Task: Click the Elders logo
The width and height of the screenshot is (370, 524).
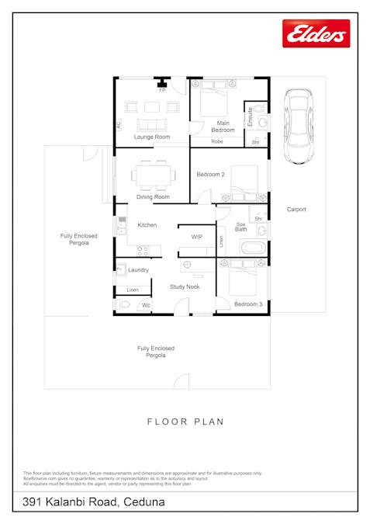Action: point(316,33)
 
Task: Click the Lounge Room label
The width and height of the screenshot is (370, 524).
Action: point(151,137)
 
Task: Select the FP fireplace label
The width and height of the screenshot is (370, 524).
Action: point(162,91)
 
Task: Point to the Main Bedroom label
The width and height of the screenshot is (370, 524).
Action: point(223,127)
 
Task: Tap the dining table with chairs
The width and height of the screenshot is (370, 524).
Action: point(150,175)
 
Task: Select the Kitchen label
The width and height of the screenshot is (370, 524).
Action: point(147,225)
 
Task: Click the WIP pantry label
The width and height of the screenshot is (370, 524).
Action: point(197,237)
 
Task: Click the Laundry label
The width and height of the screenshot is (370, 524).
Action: point(138,270)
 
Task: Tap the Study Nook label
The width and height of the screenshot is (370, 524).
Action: point(185,287)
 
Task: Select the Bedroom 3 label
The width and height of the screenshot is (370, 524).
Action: point(247,304)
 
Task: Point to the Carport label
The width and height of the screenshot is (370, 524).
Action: point(296,210)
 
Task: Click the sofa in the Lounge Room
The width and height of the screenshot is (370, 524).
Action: point(151,124)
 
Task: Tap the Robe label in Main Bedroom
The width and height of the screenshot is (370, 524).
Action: point(217,142)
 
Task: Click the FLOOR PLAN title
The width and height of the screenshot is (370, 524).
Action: point(185,422)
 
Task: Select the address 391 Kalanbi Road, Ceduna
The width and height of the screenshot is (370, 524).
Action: point(94,502)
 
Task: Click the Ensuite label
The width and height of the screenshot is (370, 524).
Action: point(250,116)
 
